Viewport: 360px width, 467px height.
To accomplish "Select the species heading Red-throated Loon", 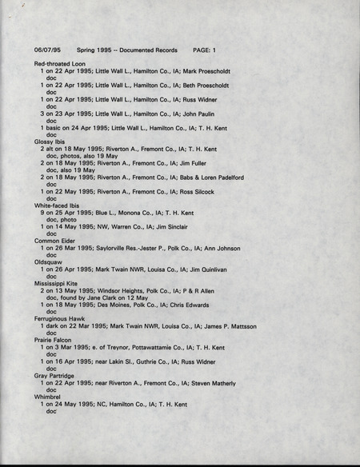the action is click(60, 63).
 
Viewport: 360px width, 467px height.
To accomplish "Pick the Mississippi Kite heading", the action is click(58, 283).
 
